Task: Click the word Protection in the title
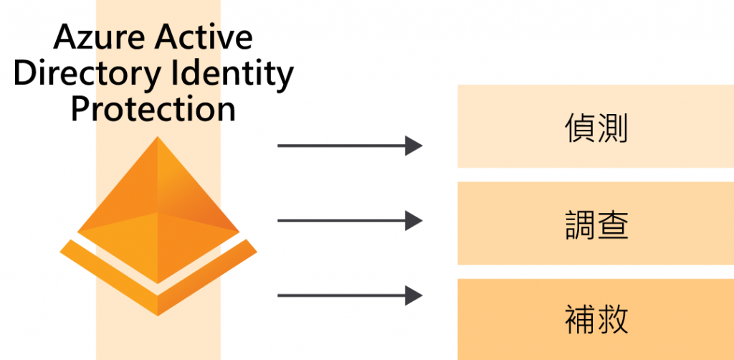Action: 153,109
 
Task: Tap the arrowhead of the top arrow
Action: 414,146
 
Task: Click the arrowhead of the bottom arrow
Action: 414,295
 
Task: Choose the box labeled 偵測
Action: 596,126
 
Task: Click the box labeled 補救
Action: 596,319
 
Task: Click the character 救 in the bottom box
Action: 613,320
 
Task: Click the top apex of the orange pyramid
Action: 157,138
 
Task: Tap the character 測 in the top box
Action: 613,130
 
